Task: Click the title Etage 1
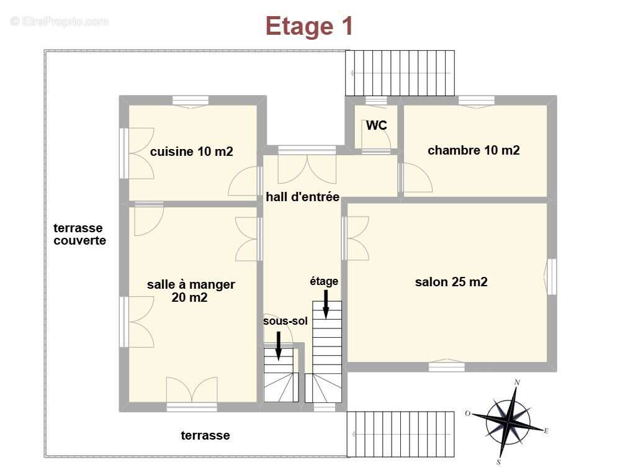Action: (309, 26)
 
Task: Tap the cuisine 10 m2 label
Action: (191, 151)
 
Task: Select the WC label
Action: (376, 125)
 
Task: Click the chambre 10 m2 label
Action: (474, 150)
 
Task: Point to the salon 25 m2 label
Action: (451, 282)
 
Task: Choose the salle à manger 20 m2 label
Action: (191, 291)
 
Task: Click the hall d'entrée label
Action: (302, 197)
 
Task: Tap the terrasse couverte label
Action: (79, 234)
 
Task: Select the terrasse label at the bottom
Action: (205, 435)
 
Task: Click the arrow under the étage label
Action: (326, 305)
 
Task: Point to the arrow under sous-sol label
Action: (279, 346)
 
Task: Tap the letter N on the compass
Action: (517, 382)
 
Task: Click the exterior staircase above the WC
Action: (400, 73)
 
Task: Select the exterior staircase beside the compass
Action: (400, 434)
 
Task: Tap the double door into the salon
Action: (356, 238)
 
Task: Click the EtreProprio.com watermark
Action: (59, 22)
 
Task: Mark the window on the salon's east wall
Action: (550, 276)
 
